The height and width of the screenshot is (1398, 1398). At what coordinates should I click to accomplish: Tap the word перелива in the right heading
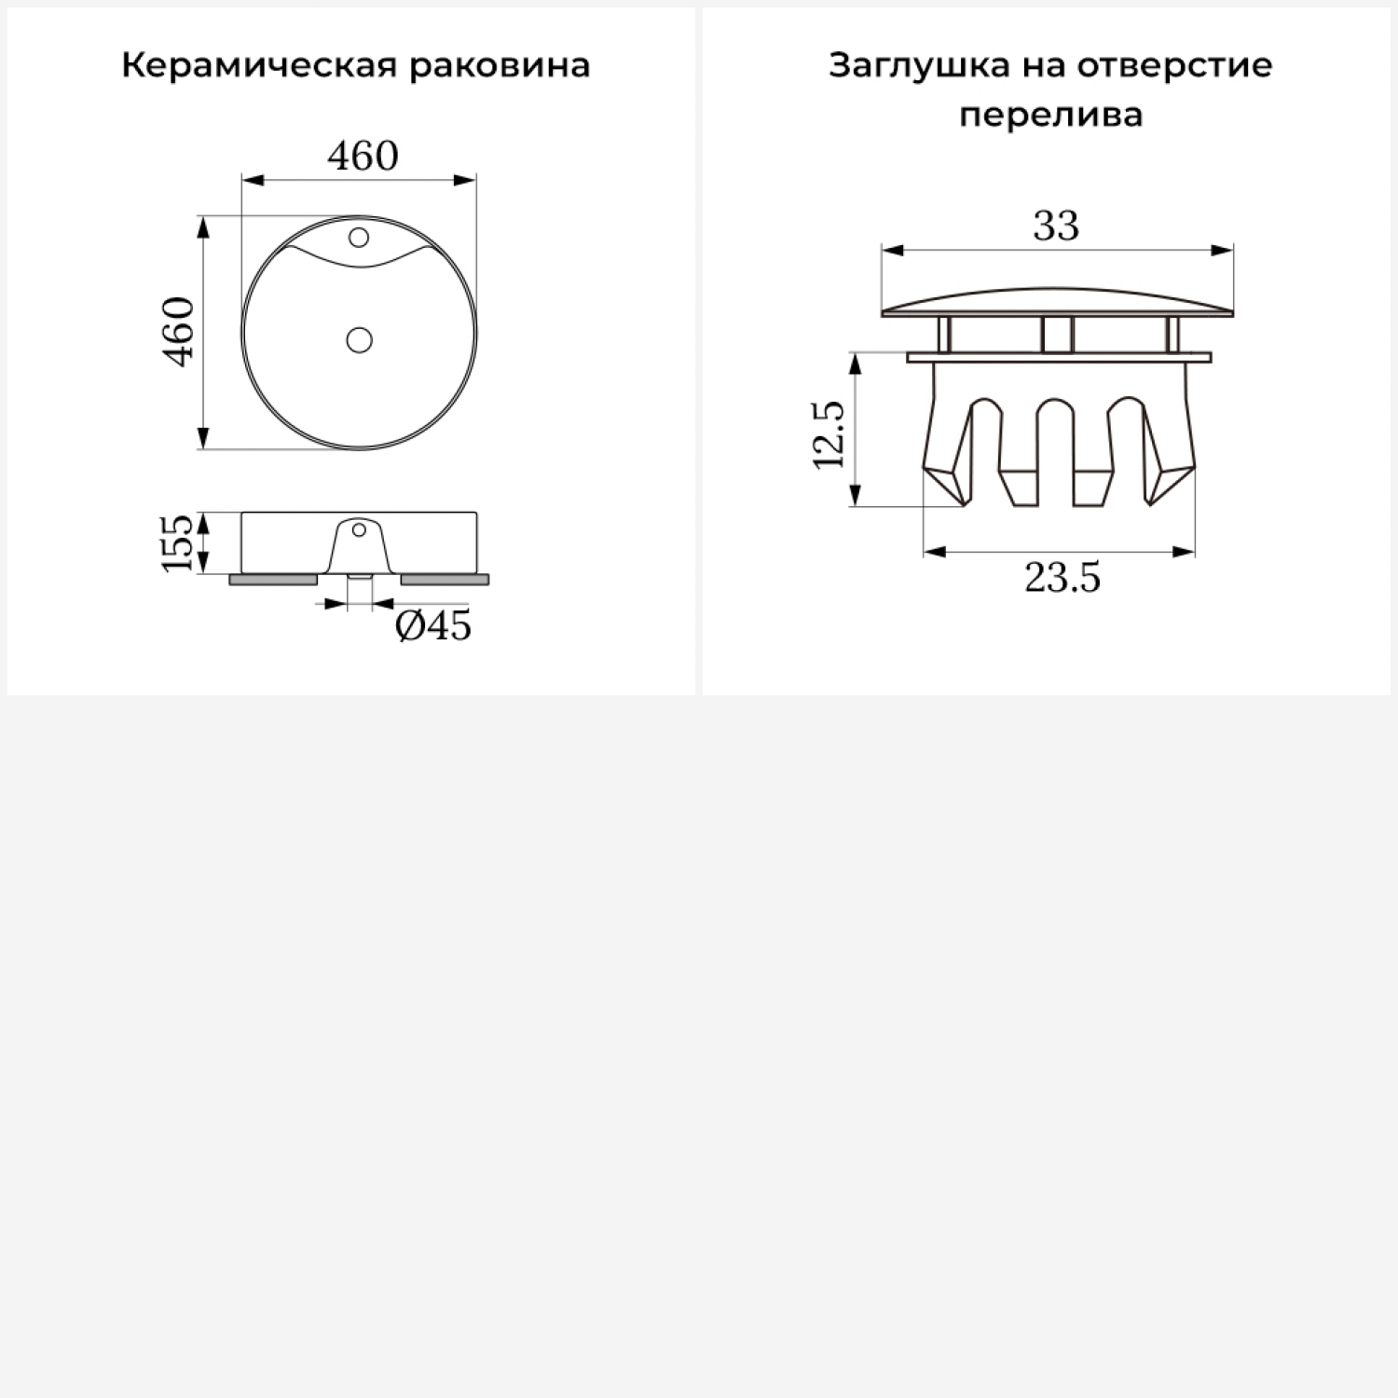1050,116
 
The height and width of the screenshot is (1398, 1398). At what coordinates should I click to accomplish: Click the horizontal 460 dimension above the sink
363,156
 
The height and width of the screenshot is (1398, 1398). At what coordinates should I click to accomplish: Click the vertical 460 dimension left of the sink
179,332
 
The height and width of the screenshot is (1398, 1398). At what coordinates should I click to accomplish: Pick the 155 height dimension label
178,542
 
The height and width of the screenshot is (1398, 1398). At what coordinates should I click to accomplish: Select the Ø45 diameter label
433,625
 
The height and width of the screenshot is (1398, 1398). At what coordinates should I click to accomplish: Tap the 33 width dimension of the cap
1056,226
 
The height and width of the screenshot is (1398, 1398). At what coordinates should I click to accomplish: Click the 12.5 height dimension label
829,434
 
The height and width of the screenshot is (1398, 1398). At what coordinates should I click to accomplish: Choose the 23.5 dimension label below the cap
1062,579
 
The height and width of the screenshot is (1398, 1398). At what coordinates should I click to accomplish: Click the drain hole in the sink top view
359,340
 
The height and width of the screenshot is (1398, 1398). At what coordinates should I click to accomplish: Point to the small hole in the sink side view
359,531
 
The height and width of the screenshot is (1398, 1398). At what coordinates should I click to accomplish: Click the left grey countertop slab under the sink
273,580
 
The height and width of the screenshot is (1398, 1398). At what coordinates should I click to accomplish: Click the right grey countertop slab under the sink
445,580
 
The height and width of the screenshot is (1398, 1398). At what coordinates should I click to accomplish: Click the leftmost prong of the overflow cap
947,438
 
